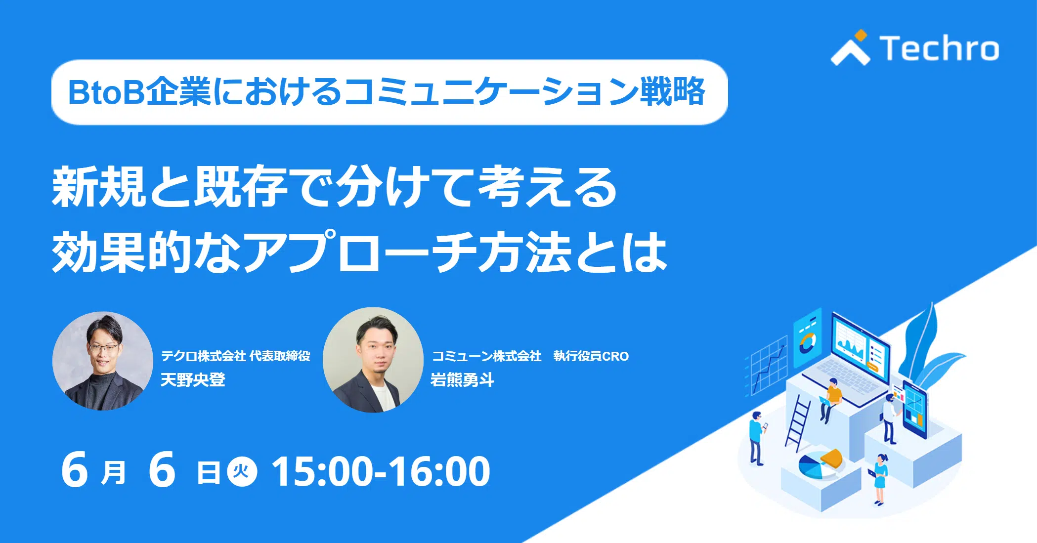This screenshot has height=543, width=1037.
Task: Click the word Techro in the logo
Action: click(x=939, y=48)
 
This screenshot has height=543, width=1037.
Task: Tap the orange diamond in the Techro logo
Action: click(x=861, y=35)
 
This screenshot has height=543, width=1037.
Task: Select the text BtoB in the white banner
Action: click(x=106, y=92)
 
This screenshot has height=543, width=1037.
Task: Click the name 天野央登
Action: click(x=193, y=380)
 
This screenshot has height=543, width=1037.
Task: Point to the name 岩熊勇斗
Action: click(x=462, y=380)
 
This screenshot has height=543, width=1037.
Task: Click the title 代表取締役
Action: click(x=280, y=356)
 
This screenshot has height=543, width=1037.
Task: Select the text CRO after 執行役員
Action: click(x=615, y=356)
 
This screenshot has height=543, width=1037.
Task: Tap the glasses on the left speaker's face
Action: click(x=104, y=348)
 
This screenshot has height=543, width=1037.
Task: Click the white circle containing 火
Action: click(x=242, y=471)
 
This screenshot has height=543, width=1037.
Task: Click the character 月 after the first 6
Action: click(x=113, y=473)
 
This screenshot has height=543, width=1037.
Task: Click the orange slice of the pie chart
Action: click(x=831, y=459)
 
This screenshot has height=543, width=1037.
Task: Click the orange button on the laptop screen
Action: click(x=874, y=366)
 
